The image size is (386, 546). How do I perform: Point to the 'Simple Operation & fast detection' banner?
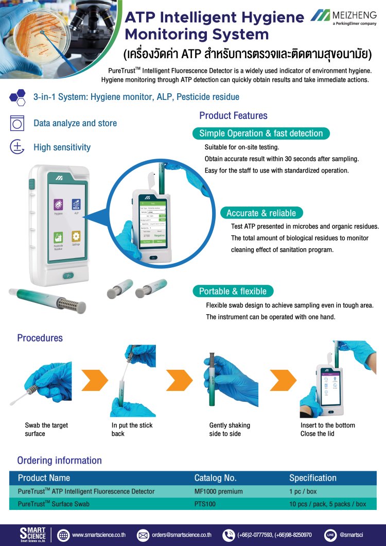(x=261, y=133)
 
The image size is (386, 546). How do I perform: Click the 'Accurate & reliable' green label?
(x=261, y=213)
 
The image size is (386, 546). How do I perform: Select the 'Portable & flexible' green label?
(x=233, y=291)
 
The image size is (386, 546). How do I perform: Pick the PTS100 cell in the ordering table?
(x=205, y=504)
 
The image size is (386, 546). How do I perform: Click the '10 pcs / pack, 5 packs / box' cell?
(x=327, y=504)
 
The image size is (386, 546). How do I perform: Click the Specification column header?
(x=312, y=477)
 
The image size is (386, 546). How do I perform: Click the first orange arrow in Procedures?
(x=95, y=380)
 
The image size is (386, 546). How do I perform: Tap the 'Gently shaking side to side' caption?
(x=230, y=429)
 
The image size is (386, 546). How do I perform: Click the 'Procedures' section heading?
(x=40, y=338)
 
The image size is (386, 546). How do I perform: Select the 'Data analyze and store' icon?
(x=17, y=123)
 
